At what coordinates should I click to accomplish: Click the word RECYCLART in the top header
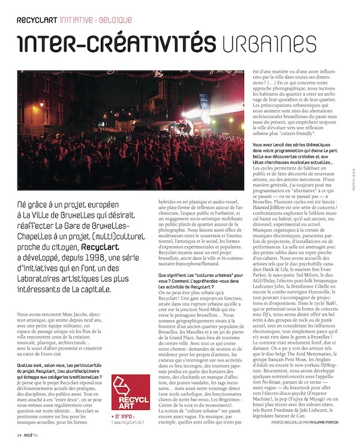point(37,20)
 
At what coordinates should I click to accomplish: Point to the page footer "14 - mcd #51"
point(27,434)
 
